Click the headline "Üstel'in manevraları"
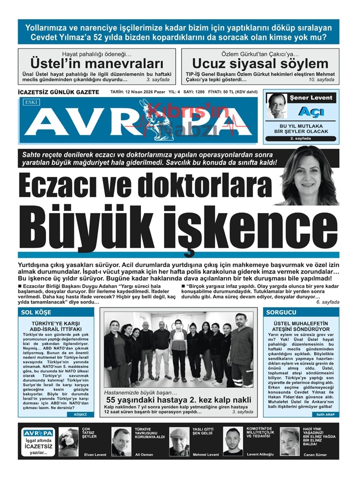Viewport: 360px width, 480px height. point(97,64)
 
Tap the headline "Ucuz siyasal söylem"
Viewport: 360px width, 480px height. point(260,64)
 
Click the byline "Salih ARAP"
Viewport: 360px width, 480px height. point(325,415)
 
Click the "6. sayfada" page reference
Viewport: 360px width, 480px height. point(327,302)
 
